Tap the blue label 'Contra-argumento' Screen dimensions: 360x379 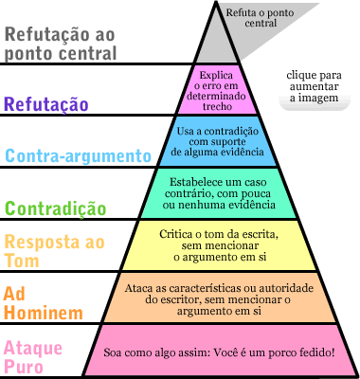(x=77, y=154)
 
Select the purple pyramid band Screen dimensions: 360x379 (x=224, y=88)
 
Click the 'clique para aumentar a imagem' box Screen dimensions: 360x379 (x=318, y=84)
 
